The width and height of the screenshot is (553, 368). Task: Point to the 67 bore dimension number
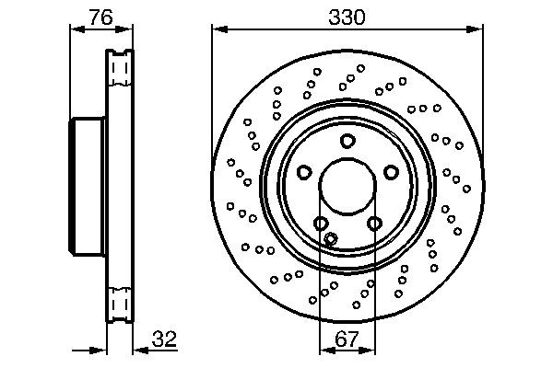[x=347, y=338]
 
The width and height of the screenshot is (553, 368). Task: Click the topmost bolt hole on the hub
[x=347, y=141]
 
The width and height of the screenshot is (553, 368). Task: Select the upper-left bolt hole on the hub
[x=304, y=172]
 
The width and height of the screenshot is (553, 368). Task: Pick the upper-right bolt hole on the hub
[x=391, y=172]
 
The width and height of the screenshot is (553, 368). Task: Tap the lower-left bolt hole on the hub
[x=321, y=224]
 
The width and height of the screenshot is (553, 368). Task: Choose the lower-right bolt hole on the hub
[x=374, y=224]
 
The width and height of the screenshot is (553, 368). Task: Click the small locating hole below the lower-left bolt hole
[x=332, y=239]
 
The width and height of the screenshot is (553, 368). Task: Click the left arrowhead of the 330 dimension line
[x=218, y=29]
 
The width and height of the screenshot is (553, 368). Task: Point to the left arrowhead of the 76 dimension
[x=76, y=29]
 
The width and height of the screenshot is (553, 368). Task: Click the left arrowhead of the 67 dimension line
[x=324, y=351]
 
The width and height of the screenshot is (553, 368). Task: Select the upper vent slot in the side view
[x=118, y=70]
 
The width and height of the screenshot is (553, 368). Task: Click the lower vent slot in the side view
[x=118, y=300]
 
